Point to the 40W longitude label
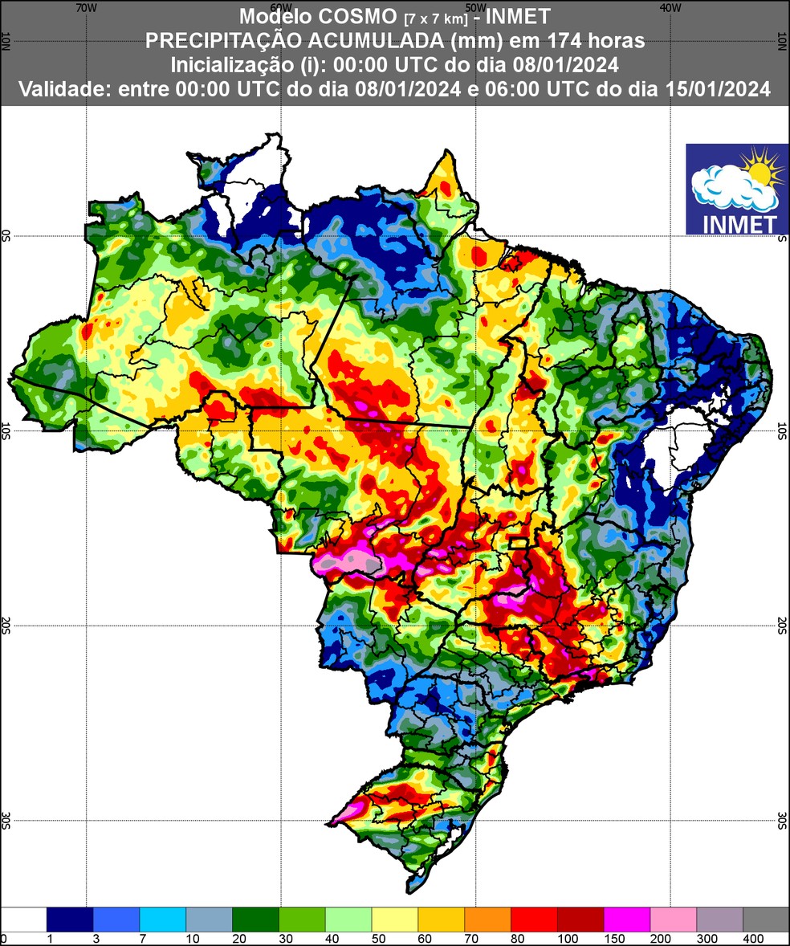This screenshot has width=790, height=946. pyautogui.click(x=670, y=6)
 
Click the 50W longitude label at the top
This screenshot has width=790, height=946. pyautogui.click(x=475, y=6)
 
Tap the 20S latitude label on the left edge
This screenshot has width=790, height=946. pyautogui.click(x=6, y=626)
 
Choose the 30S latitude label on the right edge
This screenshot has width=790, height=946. pyautogui.click(x=783, y=820)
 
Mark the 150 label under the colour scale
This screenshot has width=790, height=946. pyautogui.click(x=604, y=939)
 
